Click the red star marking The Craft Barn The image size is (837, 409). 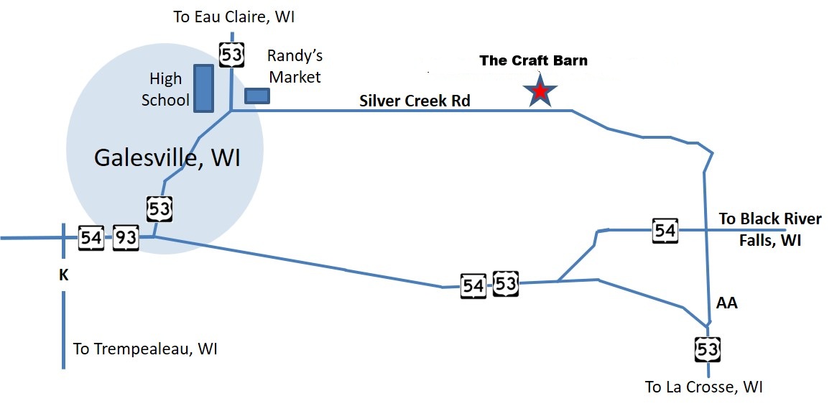tap(540, 92)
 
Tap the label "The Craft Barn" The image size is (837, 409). tap(533, 60)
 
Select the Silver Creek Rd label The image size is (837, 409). tap(415, 101)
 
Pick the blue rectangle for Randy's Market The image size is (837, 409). tap(256, 96)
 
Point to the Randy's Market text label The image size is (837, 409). tap(294, 66)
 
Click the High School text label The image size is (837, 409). tap(165, 89)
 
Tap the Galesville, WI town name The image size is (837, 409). tap(167, 157)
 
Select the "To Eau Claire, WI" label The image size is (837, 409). tap(234, 17)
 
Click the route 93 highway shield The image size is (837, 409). tap(126, 237)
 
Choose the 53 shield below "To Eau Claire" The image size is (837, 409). tap(231, 54)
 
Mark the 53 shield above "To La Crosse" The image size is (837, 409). tap(707, 349)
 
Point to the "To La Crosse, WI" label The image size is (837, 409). tap(703, 387)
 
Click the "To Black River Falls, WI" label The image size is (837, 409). tap(769, 229)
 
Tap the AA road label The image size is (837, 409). tap(727, 303)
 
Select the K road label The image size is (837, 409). tap(63, 274)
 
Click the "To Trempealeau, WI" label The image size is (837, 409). tap(145, 349)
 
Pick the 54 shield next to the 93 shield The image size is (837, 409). tap(91, 237)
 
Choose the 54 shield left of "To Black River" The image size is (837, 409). tap(665, 231)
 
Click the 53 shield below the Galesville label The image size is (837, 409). tap(159, 210)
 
